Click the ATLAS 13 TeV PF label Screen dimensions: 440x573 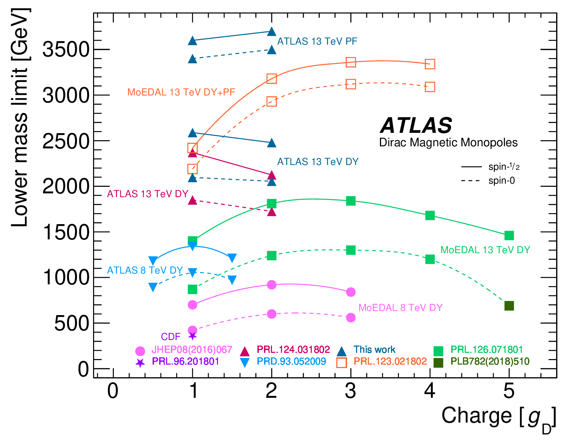point(317,41)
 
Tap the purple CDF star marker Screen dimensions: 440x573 point(193,336)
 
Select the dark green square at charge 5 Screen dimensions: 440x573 point(509,306)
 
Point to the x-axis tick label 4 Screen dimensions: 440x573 point(430,391)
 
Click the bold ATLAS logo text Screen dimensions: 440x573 point(416,125)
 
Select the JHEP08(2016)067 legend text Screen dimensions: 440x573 point(192,350)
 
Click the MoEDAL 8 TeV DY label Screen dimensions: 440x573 point(400,308)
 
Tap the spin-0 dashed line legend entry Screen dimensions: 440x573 point(488,181)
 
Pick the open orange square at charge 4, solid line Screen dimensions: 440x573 point(430,64)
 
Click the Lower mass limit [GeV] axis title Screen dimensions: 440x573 point(20,118)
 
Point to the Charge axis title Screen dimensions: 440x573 point(498,416)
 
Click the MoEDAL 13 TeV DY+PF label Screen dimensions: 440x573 point(181,92)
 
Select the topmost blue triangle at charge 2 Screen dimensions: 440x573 point(272,31)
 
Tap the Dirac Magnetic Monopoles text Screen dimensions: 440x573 point(448,143)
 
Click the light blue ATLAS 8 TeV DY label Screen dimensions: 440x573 point(145,270)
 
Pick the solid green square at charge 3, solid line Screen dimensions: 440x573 point(351,201)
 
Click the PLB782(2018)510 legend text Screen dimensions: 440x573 point(490,361)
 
